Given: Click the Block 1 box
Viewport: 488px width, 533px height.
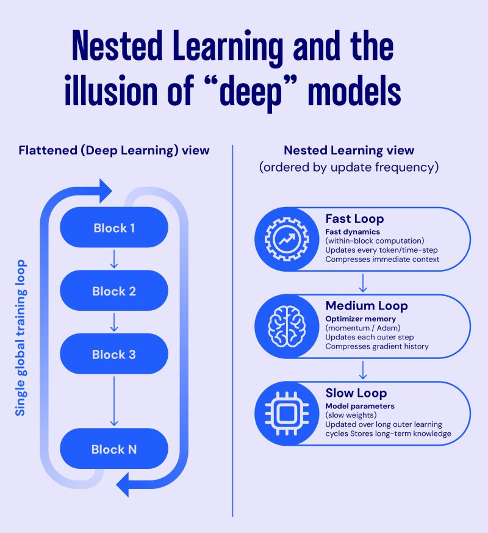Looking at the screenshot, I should click(114, 228).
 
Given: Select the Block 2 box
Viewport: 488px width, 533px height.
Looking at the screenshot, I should click(114, 291).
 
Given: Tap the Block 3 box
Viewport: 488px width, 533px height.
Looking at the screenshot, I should click(114, 354).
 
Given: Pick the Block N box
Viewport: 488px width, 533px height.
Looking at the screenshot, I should click(114, 449).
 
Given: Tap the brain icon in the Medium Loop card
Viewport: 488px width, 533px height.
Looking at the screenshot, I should click(285, 327).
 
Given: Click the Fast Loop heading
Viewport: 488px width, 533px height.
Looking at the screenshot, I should click(354, 219).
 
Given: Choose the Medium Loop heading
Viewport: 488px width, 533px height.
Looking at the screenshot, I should click(367, 305).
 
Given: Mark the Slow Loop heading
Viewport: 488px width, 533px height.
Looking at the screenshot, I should click(356, 393).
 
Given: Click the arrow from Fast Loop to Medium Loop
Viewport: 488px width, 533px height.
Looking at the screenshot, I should click(363, 283).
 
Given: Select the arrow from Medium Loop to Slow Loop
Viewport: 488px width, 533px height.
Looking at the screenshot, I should click(363, 370).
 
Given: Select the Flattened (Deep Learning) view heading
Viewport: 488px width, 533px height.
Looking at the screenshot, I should click(114, 150).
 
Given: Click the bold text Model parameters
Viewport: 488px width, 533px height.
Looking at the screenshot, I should click(360, 406).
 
